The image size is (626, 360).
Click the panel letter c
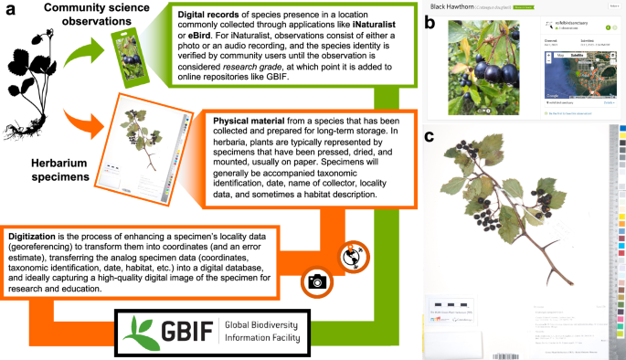tap(430, 140)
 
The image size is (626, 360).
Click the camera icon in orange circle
tap(317, 281)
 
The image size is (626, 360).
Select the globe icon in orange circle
tap(350, 257)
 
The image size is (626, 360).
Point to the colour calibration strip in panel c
tap(620, 238)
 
